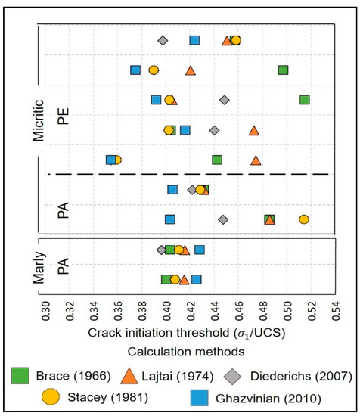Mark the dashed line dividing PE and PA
click(189, 175)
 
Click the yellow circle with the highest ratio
click(304, 219)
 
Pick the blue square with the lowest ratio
click(111, 160)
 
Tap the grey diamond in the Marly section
click(161, 250)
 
